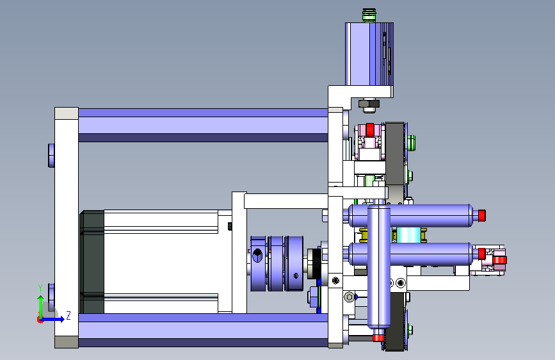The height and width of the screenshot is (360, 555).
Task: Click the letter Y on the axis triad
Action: click(x=40, y=288)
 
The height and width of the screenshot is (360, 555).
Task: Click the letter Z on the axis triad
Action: click(x=68, y=315)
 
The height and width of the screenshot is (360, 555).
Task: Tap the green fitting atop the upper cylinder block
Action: click(x=369, y=16)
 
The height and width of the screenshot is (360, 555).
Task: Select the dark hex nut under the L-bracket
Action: click(x=369, y=104)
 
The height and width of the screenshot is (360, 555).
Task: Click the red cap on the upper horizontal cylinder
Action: click(x=481, y=215)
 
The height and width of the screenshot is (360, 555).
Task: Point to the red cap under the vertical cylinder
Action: click(x=378, y=337)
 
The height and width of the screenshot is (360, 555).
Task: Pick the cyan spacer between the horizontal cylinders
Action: click(x=408, y=235)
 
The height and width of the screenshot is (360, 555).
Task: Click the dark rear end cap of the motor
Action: click(x=92, y=262)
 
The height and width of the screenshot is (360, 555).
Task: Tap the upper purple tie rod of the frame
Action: click(x=203, y=125)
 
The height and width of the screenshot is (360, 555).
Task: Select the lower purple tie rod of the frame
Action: click(x=203, y=331)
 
